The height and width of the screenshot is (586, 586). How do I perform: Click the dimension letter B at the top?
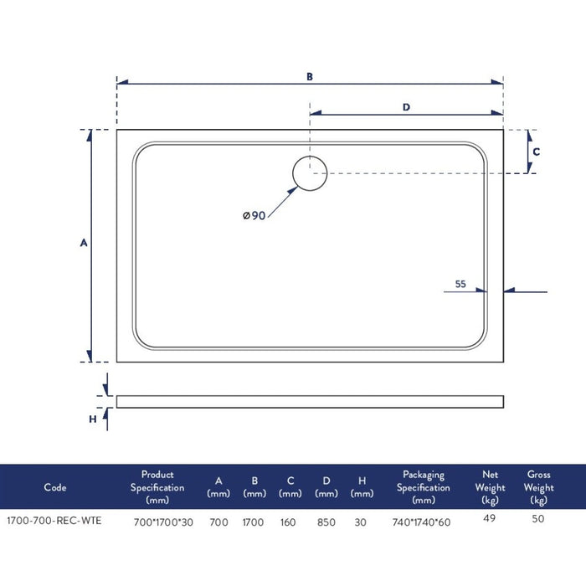tap(309, 76)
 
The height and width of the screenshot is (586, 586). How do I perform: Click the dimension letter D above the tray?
tap(406, 106)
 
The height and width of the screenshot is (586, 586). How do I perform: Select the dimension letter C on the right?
tap(537, 152)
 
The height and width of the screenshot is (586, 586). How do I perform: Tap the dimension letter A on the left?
tap(83, 243)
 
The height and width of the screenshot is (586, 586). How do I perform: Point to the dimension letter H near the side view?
tap(93, 419)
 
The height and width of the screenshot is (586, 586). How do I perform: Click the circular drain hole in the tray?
tap(310, 173)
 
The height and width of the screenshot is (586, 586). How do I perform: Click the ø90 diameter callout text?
tap(254, 216)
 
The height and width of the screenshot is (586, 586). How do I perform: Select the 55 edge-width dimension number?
tap(460, 284)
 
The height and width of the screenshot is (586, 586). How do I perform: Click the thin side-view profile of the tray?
tap(310, 401)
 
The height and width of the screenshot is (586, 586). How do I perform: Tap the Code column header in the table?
tap(54, 487)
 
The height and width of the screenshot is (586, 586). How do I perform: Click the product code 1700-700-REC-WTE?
tap(54, 522)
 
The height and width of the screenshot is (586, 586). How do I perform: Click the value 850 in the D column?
tap(326, 522)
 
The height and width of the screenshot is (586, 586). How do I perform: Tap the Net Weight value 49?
tap(491, 517)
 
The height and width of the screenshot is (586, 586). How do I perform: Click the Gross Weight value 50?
tap(539, 519)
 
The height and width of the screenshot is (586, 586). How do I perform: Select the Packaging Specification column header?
tap(423, 487)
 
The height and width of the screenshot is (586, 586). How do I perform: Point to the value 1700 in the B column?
tap(254, 522)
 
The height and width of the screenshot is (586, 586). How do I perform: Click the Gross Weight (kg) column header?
tap(539, 487)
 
